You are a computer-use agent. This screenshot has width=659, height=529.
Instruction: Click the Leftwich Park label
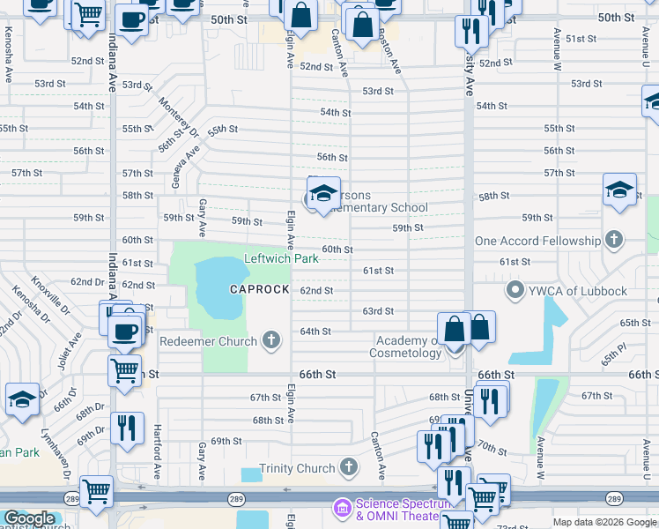coord(280,259)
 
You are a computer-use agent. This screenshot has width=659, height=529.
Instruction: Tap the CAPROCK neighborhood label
coord(260,289)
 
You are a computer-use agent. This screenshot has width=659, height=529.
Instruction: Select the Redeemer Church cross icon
coord(272,340)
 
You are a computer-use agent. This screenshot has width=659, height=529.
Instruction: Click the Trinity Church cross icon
coord(349,468)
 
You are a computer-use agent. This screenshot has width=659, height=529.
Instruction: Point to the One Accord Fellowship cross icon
coord(613,241)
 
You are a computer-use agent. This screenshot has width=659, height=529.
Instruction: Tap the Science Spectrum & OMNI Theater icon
coord(341,509)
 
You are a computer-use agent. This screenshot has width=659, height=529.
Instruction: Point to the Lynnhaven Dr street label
coord(69,453)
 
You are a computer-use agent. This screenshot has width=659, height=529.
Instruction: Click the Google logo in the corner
coord(28,518)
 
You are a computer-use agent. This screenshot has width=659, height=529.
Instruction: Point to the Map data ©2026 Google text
coord(603,522)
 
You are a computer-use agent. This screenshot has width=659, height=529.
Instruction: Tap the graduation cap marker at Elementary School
coord(323,194)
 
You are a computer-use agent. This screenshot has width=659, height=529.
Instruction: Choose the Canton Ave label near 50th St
coord(336,51)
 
